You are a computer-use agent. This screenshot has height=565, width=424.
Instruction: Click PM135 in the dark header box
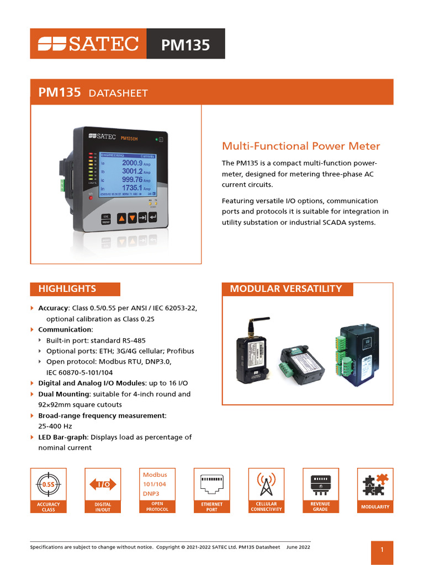185,45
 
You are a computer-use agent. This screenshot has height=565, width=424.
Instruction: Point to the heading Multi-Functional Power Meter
301,146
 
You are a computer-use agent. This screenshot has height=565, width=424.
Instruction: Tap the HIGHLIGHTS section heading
67,289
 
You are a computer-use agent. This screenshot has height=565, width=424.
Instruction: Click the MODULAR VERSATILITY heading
285,289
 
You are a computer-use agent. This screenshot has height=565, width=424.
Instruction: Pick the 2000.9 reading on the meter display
132,163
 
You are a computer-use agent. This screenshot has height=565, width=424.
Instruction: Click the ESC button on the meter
105,216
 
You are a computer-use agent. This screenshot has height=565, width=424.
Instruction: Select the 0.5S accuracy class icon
48,484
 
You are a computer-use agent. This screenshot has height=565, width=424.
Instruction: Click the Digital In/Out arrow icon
103,484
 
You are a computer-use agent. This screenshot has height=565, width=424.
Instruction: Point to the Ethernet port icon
211,484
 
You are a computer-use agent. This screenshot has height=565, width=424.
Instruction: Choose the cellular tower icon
266,484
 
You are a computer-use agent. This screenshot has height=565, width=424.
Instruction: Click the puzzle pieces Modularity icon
375,484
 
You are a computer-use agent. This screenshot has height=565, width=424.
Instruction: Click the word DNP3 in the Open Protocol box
151,494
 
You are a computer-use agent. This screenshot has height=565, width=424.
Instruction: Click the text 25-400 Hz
55,427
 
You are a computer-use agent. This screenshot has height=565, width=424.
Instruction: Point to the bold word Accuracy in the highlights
54,308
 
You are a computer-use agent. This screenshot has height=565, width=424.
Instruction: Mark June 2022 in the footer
298,547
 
